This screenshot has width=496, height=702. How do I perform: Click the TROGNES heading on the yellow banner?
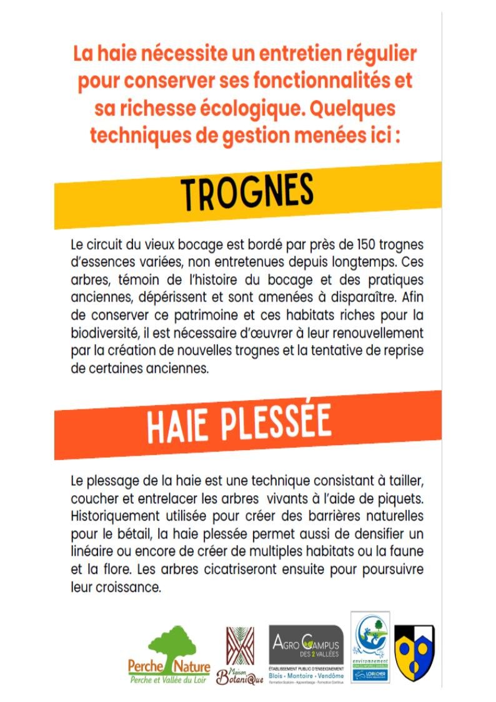tap(247, 192)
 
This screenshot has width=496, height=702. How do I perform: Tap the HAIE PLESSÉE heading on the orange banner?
tap(238, 426)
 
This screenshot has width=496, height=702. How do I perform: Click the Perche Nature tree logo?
tap(169, 653)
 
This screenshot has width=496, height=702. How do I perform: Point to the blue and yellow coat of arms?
tap(414, 650)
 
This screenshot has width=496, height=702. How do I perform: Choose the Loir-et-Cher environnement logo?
tap(370, 647)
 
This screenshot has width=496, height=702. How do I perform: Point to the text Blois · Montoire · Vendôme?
tap(305, 676)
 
